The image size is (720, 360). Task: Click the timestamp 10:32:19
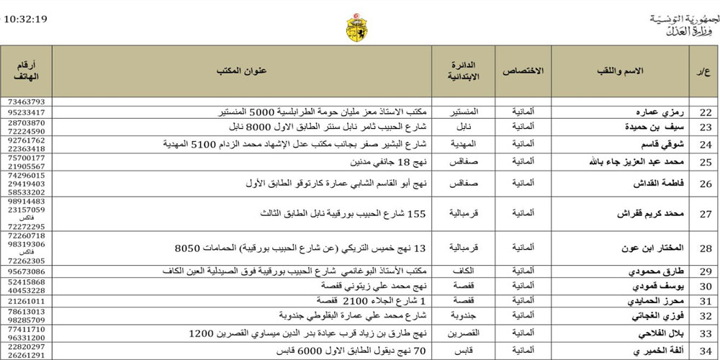click(x=26, y=19)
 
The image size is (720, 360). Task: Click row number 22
click(x=706, y=112)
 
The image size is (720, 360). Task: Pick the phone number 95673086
click(x=27, y=271)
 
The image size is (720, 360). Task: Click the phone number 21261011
click(x=27, y=300)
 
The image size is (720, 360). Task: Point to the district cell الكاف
click(x=464, y=271)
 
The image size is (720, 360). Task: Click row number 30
click(x=706, y=286)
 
